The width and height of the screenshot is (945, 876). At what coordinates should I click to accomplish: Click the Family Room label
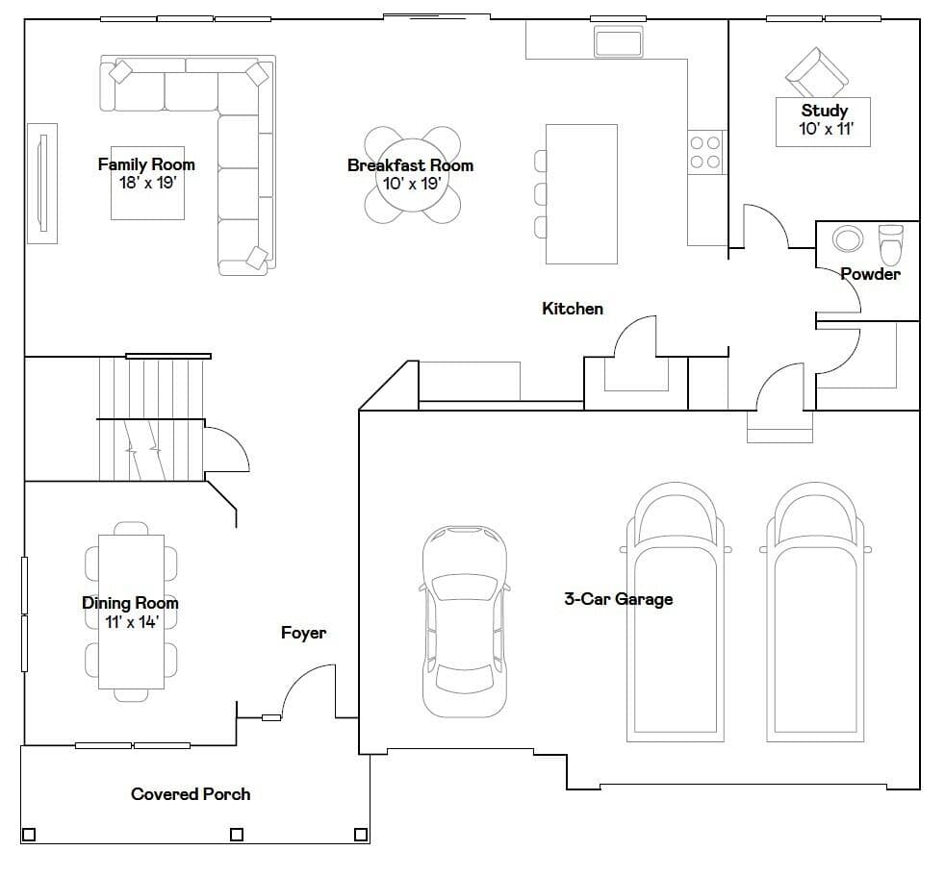146,164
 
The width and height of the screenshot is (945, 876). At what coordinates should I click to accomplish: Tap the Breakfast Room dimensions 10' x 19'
412,184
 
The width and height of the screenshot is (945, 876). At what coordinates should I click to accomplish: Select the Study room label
825,111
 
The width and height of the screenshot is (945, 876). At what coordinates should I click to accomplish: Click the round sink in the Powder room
848,238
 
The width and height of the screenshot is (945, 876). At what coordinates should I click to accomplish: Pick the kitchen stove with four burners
705,152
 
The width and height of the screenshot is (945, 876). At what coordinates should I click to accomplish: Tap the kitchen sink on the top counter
618,41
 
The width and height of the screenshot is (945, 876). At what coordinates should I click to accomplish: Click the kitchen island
581,194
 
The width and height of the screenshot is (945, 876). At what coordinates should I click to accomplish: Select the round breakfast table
413,175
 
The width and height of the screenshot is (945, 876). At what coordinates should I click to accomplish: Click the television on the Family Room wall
42,183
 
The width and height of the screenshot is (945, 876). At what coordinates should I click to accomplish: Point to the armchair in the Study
817,73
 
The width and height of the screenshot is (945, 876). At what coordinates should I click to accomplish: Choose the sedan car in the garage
464,621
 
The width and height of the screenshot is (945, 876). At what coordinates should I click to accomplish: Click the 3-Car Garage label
619,599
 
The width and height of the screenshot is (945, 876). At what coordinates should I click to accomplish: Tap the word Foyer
304,633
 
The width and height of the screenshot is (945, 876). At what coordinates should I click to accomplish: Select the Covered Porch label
191,794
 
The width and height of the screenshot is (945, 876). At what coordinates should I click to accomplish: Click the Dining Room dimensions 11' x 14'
131,622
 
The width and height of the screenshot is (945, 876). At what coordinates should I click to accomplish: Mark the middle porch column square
237,835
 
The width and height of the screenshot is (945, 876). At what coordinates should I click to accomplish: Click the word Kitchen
573,309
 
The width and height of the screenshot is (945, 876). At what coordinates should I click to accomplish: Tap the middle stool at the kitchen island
541,194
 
